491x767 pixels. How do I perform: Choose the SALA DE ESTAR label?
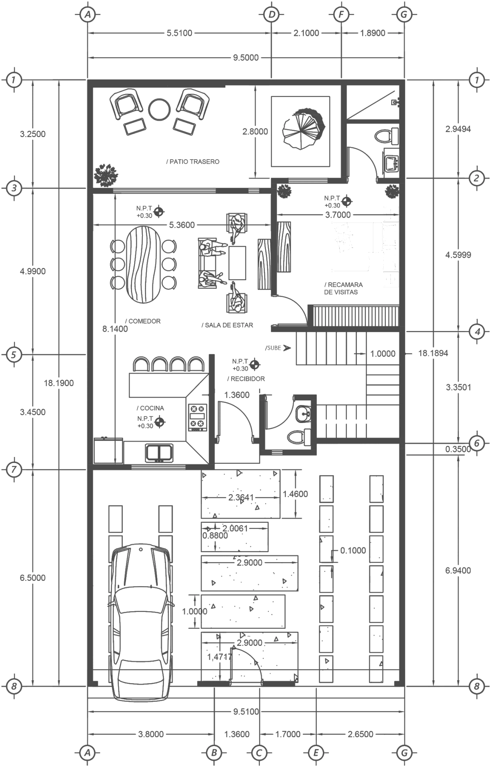(227, 325)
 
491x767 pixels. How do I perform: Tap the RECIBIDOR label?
(245, 379)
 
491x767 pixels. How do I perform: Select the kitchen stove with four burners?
(197, 417)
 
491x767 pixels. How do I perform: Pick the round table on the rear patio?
(159, 109)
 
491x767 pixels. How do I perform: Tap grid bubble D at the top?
(271, 14)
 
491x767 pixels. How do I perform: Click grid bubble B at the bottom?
(214, 752)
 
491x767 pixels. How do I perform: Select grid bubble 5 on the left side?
(14, 354)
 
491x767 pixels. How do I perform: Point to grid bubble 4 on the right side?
(476, 332)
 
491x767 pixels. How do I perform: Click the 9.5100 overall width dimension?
(246, 712)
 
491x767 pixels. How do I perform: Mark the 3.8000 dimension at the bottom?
(150, 735)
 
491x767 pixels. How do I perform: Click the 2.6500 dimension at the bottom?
(360, 735)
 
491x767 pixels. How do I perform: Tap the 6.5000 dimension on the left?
(33, 578)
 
